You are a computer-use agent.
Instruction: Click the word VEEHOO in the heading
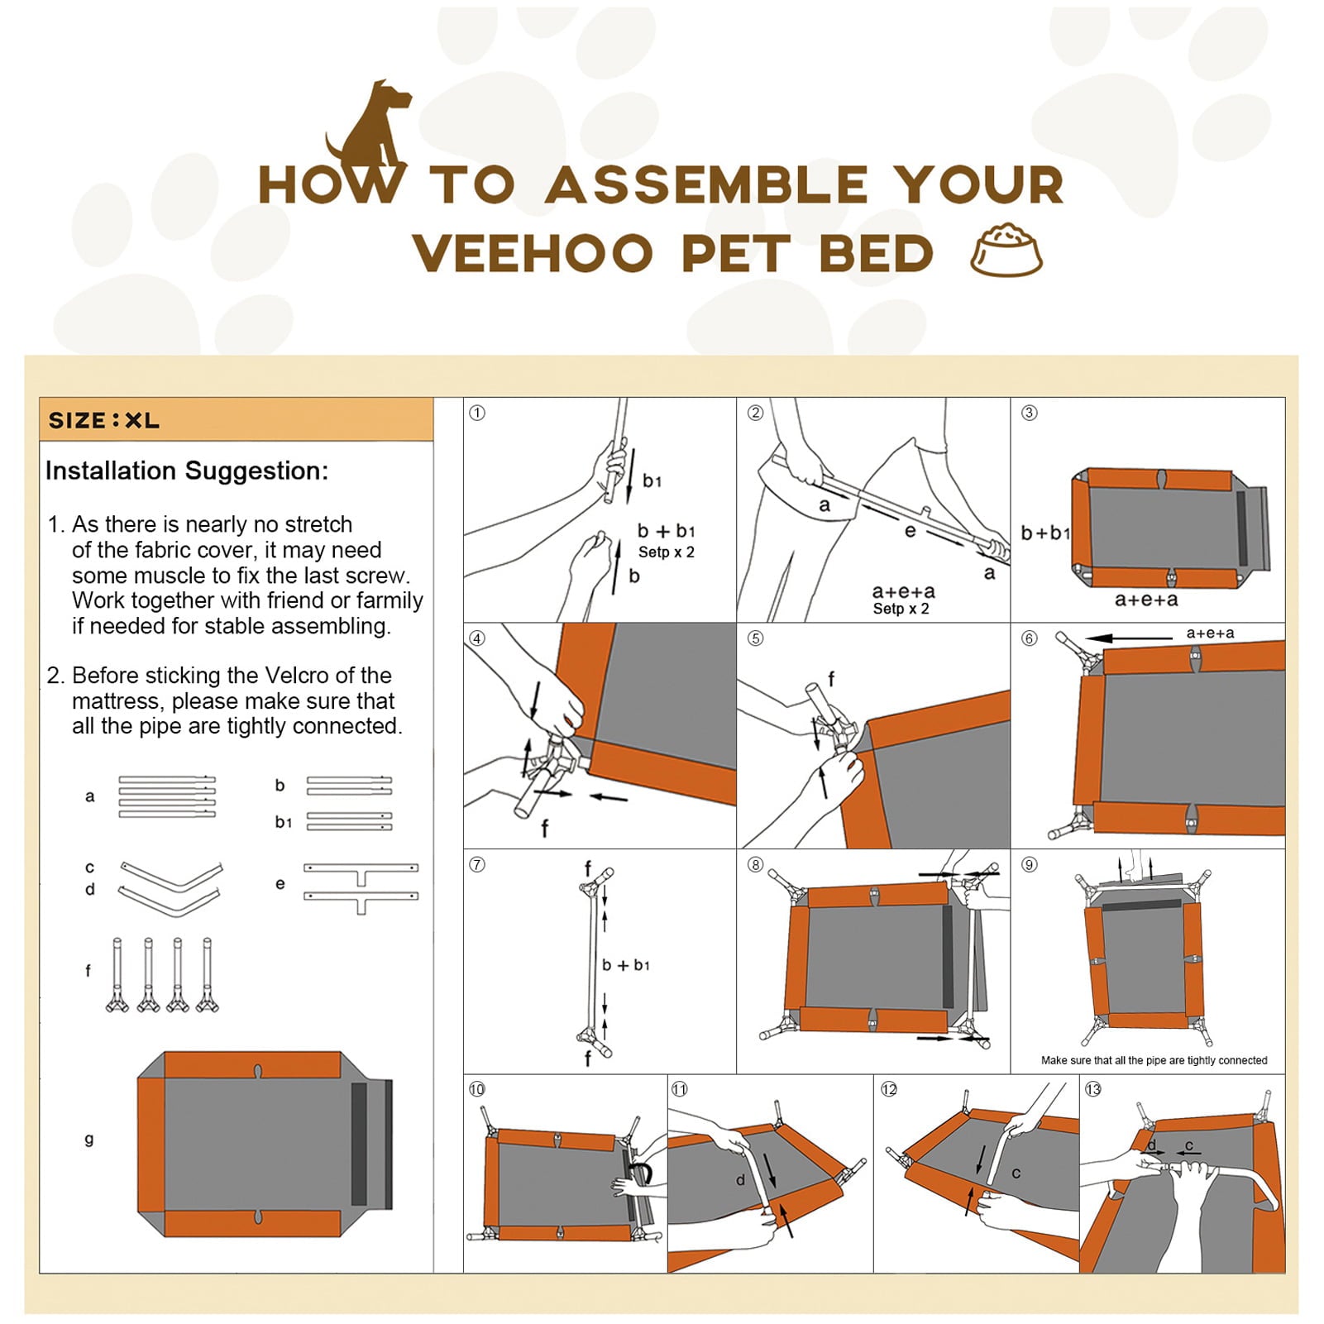coord(533,253)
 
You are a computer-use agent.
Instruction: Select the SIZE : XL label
coord(103,420)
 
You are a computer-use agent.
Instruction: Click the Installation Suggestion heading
coord(187,471)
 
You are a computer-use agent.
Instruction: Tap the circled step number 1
coord(477,413)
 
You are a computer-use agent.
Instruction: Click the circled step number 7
coord(477,864)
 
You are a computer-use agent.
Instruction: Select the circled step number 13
coord(1093,1089)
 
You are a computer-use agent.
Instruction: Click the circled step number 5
coord(755,638)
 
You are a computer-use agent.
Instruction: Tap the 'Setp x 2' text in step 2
coord(901,609)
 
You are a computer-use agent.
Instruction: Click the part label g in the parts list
coord(89,1139)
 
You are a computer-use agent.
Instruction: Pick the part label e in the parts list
coord(280,884)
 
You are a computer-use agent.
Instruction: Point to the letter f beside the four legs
coord(88,970)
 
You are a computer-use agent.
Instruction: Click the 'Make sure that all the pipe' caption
coord(1154,1060)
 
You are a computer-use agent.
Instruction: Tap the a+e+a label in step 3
coord(1146,600)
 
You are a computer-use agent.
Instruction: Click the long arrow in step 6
coord(1128,638)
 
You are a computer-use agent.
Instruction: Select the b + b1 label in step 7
coord(626,965)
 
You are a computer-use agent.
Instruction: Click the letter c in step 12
coord(1016,1173)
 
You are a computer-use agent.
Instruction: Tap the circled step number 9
coord(1029,864)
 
